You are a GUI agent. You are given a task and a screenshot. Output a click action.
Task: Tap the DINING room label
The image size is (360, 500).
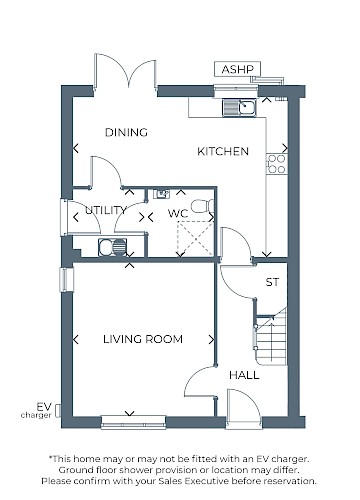(126, 132)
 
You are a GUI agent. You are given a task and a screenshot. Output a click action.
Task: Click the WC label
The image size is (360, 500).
(177, 213)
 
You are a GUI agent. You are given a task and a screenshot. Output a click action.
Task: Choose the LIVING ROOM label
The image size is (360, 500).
(142, 339)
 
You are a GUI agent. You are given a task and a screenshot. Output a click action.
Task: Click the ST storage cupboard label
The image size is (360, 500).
(270, 282)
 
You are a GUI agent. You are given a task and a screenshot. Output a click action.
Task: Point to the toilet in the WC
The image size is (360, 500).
(202, 206)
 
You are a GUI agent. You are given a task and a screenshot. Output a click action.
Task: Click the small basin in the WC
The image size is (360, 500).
(161, 194)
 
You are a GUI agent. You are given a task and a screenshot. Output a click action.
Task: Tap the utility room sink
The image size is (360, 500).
(107, 246)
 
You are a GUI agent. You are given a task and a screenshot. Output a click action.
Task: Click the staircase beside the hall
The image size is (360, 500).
(271, 340)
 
